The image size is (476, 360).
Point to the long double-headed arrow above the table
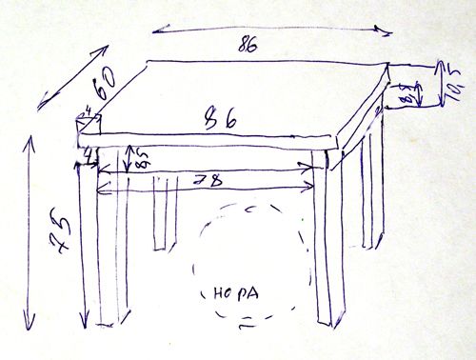(x=271, y=29)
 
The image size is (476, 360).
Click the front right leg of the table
(x=327, y=248)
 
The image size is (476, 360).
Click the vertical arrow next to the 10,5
(x=441, y=82)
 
